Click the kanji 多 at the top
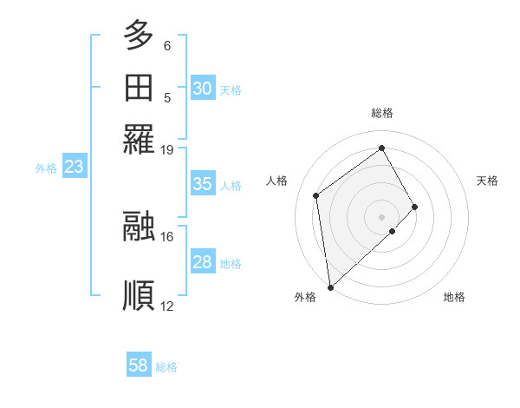point(139,36)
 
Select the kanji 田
point(139,89)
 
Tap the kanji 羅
point(139,140)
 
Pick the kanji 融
point(139,226)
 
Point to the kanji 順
point(139,295)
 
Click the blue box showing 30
point(203,89)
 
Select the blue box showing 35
point(203,184)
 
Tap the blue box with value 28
point(203,262)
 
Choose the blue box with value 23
point(74,168)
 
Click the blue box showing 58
point(139,365)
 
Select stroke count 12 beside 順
point(166,306)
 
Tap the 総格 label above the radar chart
point(382,113)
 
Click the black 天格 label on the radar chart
point(487,181)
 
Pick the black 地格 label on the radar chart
point(454,298)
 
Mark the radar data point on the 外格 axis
point(330,286)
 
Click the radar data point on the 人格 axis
point(316,195)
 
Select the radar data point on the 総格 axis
point(382,148)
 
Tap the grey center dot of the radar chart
point(382,215)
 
